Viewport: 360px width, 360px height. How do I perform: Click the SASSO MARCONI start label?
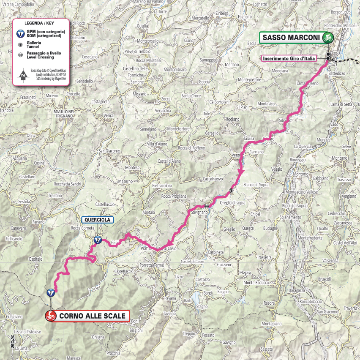pyautogui.click(x=291, y=38)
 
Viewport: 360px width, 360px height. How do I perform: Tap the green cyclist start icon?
pyautogui.click(x=327, y=38)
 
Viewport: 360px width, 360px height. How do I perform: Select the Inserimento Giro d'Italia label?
pyautogui.click(x=289, y=58)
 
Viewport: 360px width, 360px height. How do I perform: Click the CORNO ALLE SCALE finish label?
pyautogui.click(x=92, y=316)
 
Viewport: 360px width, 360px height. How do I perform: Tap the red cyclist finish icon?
pyautogui.click(x=51, y=316)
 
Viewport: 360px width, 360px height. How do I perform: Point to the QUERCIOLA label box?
pyautogui.click(x=97, y=220)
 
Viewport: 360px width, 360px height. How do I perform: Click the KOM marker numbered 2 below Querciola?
pyautogui.click(x=97, y=240)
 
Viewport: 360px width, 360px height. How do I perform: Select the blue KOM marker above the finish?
pyautogui.click(x=51, y=292)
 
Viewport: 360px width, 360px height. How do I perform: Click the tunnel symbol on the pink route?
pyautogui.click(x=231, y=191)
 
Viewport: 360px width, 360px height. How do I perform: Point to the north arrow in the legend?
pyautogui.click(x=22, y=76)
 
